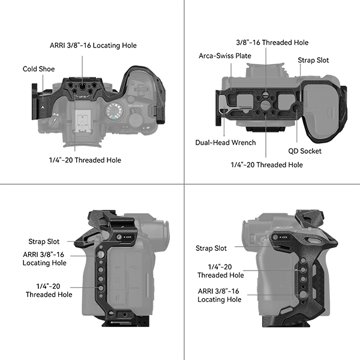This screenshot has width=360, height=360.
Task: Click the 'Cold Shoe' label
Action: coord(38,69)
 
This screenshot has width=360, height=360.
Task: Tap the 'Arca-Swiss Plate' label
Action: coord(225,56)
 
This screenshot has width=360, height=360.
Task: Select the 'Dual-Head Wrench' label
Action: coord(226,143)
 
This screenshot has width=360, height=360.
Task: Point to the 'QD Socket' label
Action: coord(305,151)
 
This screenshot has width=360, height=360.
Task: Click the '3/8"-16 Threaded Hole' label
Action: coord(272,43)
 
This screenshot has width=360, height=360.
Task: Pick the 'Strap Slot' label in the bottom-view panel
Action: coord(313,60)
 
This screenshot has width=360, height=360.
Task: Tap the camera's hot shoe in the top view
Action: coord(82,121)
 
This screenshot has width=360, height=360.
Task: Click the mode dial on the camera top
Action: coord(115,112)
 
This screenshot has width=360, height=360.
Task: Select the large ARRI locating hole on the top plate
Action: coord(82,86)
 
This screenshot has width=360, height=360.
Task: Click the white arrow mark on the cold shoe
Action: coord(43,107)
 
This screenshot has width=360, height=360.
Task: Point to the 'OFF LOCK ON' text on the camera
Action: coord(136,106)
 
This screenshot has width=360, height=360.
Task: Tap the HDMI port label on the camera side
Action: coord(135,288)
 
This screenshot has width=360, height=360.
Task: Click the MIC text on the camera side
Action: coord(118,268)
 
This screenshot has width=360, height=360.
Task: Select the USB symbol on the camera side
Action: coord(133,267)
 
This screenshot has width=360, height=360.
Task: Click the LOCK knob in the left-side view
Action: coord(119,237)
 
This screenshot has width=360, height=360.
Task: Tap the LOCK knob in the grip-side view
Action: coord(275,238)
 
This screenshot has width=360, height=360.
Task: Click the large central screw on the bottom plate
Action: coord(266,104)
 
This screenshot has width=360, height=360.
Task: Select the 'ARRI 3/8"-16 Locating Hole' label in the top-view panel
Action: coord(93,46)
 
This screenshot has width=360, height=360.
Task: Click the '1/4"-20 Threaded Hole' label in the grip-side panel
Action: coord(220,271)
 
